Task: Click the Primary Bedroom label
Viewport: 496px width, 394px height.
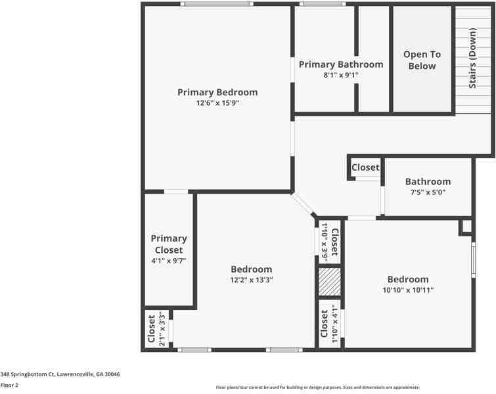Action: click(217, 92)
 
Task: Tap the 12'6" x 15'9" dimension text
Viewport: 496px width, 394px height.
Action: click(217, 103)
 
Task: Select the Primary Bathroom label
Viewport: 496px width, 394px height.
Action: click(340, 64)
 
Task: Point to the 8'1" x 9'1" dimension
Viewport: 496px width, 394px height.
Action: click(340, 76)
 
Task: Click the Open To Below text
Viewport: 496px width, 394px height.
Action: click(422, 60)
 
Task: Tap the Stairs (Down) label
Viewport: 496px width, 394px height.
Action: click(472, 59)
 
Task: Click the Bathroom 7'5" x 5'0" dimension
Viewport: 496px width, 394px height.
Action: click(428, 192)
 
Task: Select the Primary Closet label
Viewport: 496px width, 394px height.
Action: click(169, 244)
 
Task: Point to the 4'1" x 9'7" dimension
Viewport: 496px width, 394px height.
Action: click(169, 261)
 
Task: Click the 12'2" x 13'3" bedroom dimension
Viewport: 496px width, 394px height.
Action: click(251, 280)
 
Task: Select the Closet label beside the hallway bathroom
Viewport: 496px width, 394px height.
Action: click(365, 167)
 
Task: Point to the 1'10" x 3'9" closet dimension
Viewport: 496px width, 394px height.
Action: click(324, 242)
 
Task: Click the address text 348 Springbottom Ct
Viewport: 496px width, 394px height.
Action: click(60, 374)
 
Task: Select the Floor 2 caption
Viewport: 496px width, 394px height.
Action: click(9, 385)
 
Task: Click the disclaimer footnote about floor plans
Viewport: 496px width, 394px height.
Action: click(317, 387)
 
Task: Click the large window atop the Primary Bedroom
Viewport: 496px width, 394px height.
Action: click(217, 4)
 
